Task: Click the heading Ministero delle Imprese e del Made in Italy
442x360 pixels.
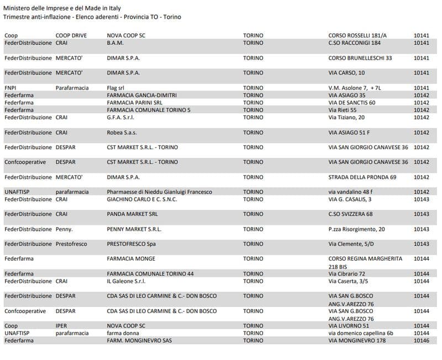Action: [x=62, y=8]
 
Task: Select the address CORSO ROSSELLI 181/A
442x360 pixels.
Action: [x=357, y=35]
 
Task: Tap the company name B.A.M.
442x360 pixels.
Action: [x=115, y=43]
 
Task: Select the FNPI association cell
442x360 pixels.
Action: [x=10, y=88]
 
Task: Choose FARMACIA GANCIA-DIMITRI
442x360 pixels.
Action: [x=141, y=95]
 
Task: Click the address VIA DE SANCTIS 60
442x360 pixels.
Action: [x=352, y=102]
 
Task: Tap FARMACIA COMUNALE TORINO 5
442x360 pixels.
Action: [x=149, y=110]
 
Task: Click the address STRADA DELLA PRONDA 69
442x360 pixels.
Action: [x=362, y=177]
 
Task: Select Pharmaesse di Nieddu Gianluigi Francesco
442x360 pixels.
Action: [x=159, y=192]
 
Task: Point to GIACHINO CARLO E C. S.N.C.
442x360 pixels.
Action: [x=143, y=199]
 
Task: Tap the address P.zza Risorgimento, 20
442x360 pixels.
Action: [x=356, y=229]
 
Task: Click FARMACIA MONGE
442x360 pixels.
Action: [x=131, y=259]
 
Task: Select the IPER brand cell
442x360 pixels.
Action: [x=61, y=326]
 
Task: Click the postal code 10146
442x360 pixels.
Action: [x=422, y=341]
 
